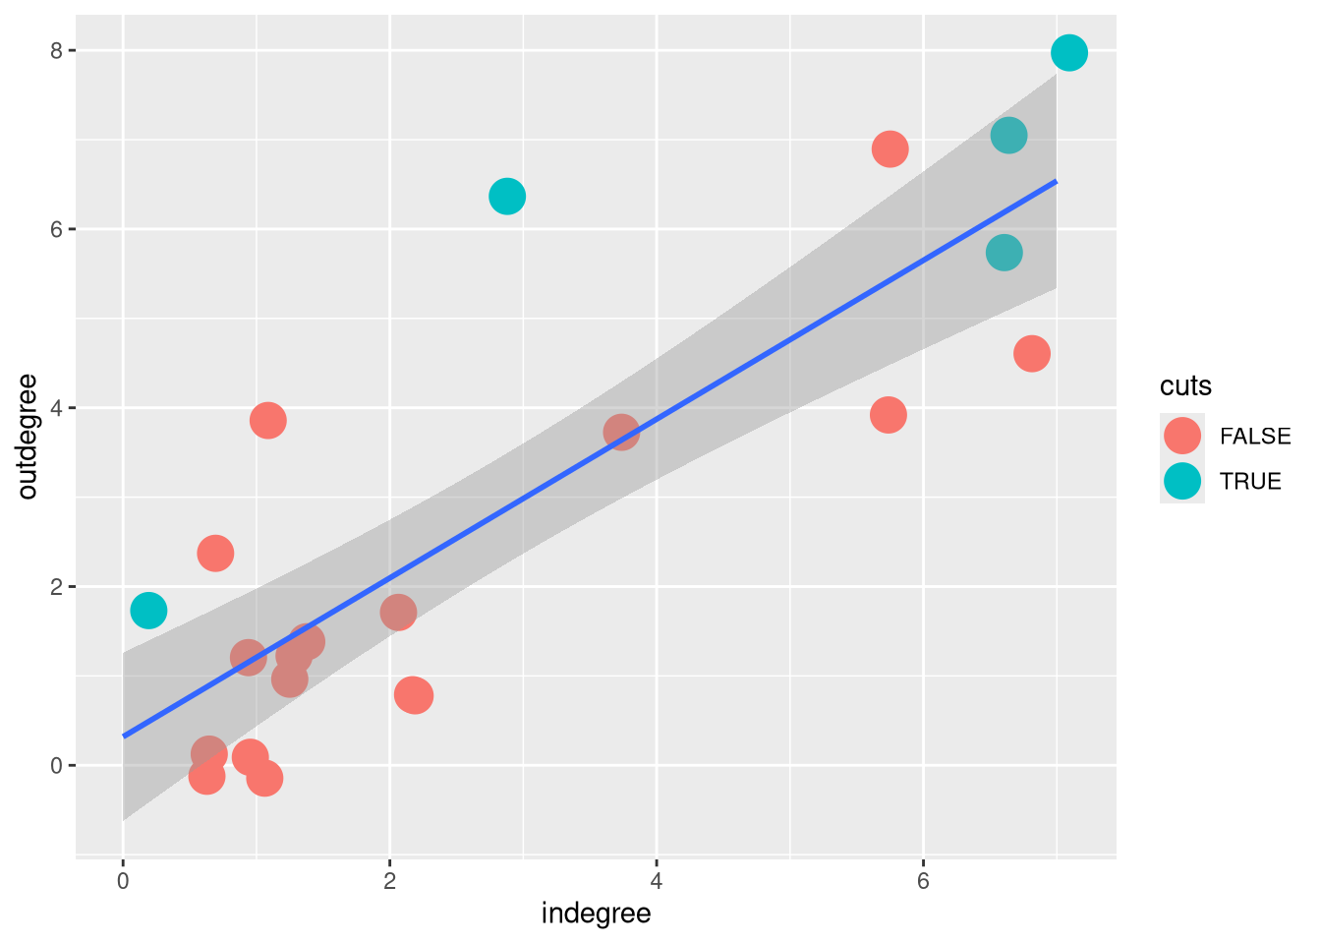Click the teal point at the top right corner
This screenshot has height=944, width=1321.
1068,53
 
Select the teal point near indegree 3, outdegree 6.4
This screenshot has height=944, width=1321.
506,197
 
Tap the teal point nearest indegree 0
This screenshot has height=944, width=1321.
148,611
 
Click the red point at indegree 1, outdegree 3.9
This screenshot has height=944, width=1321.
267,421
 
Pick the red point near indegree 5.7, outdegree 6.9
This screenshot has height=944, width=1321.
890,149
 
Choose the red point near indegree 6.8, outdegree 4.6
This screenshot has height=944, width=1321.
1031,353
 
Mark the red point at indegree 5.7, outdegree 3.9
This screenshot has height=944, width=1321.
888,415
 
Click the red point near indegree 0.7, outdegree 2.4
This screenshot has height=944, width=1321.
215,554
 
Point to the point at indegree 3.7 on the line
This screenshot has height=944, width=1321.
621,432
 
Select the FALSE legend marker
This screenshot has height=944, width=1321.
1181,436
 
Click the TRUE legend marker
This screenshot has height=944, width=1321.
1181,481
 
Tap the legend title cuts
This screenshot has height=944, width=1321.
1185,386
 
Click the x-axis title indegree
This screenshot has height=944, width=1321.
596,914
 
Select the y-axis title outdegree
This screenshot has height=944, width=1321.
28,437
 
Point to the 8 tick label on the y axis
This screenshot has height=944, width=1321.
58,50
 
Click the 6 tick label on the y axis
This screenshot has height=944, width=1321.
58,229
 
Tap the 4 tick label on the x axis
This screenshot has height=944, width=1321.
657,881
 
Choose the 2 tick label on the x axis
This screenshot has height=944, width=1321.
389,881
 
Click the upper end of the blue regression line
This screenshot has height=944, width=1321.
1056,181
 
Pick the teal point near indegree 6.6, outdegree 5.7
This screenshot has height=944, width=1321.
1003,253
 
